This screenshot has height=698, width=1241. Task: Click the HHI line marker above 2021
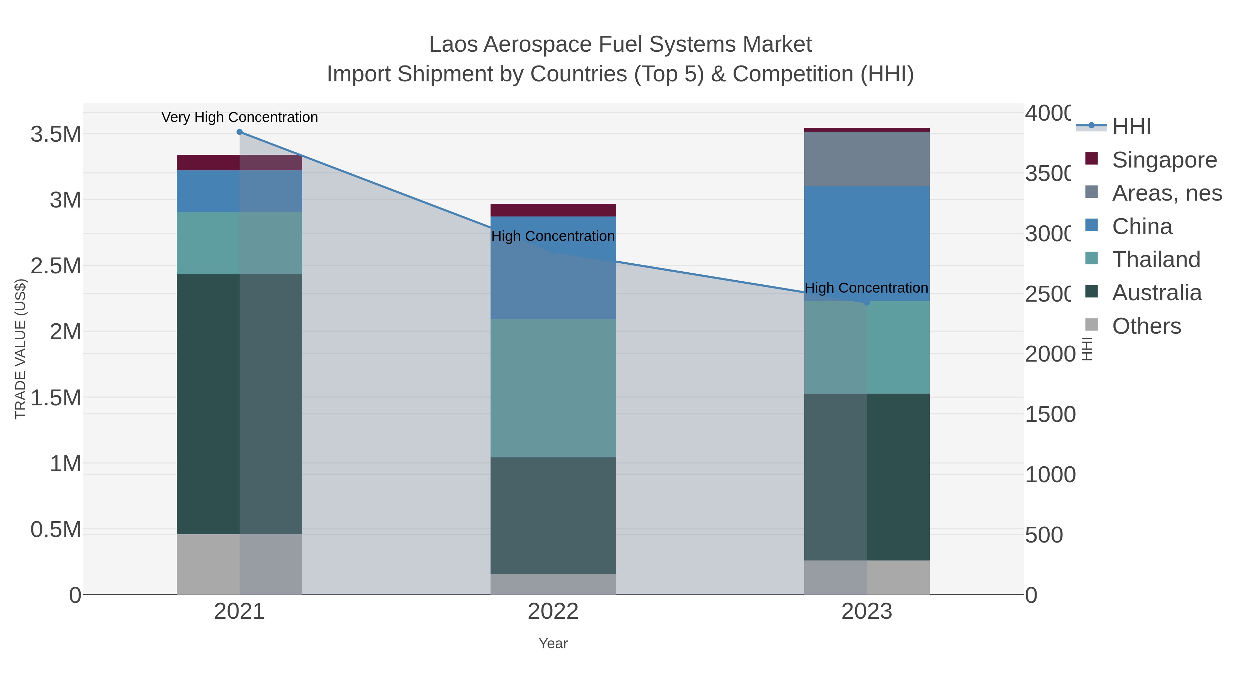pos(240,132)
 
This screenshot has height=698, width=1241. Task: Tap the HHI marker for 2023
pos(867,303)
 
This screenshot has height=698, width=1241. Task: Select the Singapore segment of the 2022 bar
pos(553,210)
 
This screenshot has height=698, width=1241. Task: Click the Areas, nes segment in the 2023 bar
pos(867,159)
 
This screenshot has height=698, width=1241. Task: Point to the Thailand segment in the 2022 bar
pos(553,388)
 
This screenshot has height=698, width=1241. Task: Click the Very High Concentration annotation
pos(240,118)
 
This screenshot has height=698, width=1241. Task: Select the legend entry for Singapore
pos(1163,160)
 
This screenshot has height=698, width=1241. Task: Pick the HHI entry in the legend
pos(1131,127)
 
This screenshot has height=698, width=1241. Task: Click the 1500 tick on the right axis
pos(1050,414)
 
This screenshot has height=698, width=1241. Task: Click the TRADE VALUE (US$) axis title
pos(20,349)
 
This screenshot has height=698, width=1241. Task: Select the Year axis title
pos(553,644)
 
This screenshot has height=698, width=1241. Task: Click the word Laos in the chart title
pos(453,44)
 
